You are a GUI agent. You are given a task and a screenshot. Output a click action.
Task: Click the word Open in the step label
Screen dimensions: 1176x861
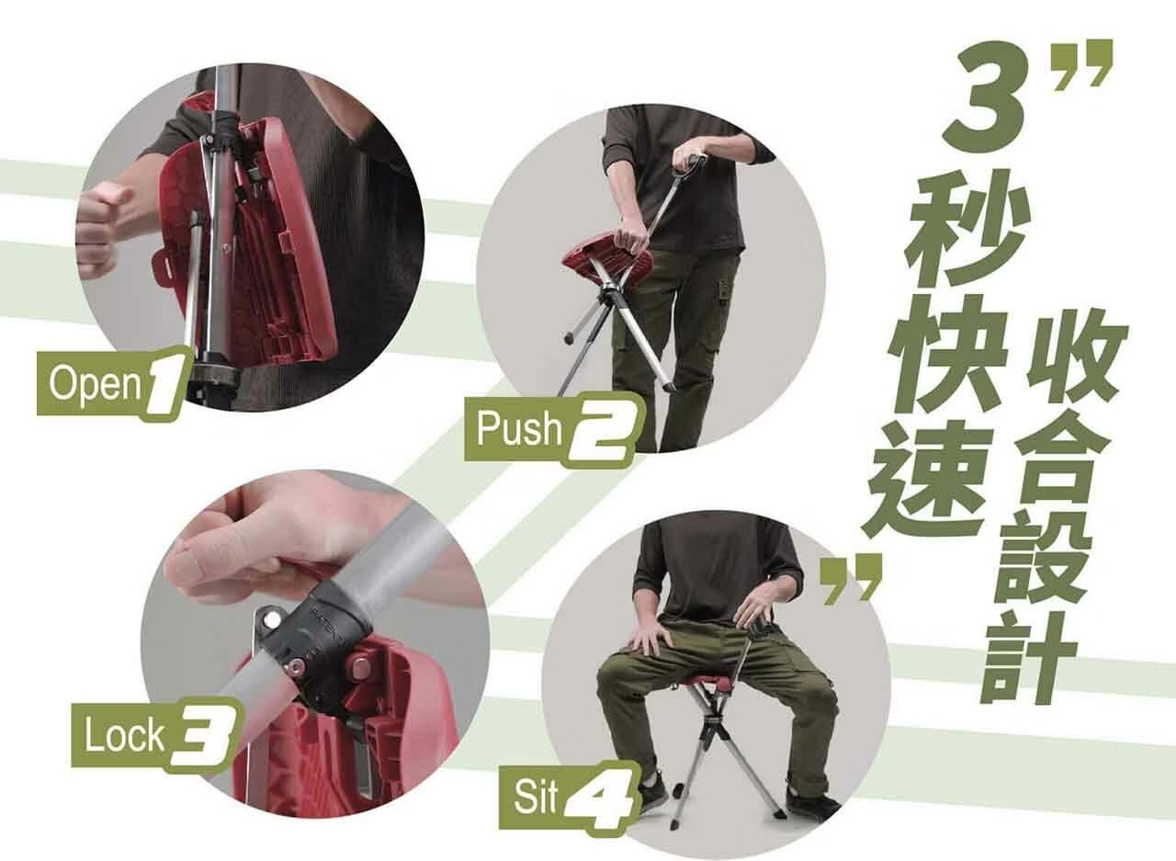(x=95, y=386)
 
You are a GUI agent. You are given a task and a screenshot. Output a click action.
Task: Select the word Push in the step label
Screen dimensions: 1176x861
(x=518, y=428)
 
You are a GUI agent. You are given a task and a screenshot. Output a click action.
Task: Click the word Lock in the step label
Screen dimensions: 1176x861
(x=124, y=735)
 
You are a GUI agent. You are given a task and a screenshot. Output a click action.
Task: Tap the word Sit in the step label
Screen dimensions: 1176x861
(x=535, y=797)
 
